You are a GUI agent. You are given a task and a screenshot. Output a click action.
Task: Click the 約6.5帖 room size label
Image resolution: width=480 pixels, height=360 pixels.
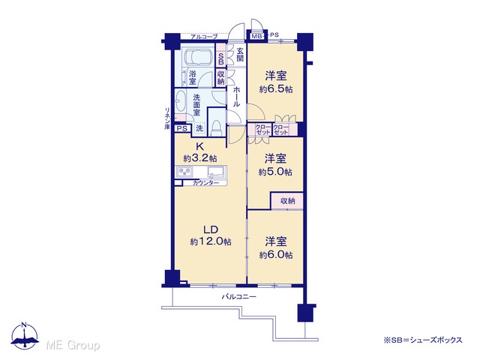[276, 89]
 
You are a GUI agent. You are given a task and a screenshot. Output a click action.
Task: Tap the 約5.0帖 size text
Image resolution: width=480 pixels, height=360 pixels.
[275, 172]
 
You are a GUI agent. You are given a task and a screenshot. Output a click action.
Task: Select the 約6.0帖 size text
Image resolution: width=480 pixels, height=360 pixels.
[276, 255]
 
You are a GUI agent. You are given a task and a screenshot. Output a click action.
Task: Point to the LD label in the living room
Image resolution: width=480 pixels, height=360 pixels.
[211, 229]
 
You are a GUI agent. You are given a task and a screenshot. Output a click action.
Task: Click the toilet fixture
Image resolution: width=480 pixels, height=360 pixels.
[217, 127]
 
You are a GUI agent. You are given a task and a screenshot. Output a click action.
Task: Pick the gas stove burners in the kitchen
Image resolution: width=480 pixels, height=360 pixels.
[184, 171]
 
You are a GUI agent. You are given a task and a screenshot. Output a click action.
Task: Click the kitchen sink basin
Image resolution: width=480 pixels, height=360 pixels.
[217, 171]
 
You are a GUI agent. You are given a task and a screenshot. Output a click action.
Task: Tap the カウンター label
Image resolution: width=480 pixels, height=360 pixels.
[205, 183]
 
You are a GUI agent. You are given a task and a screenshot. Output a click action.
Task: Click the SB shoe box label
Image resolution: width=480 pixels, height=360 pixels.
[220, 58]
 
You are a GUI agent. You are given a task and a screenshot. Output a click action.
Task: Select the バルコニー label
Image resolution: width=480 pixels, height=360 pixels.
[238, 297]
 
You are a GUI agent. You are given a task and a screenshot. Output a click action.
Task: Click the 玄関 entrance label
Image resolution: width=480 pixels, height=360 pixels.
[240, 55]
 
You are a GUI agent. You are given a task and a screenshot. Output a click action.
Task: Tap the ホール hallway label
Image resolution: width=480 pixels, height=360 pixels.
[237, 97]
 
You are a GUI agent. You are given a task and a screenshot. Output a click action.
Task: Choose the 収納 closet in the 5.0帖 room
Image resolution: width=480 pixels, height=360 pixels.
[287, 201]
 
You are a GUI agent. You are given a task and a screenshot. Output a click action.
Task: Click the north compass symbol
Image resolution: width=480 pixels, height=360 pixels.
[25, 336]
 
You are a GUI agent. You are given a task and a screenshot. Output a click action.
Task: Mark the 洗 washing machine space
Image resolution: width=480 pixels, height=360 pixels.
[199, 128]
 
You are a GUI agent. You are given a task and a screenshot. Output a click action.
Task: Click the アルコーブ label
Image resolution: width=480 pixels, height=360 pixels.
[204, 37]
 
